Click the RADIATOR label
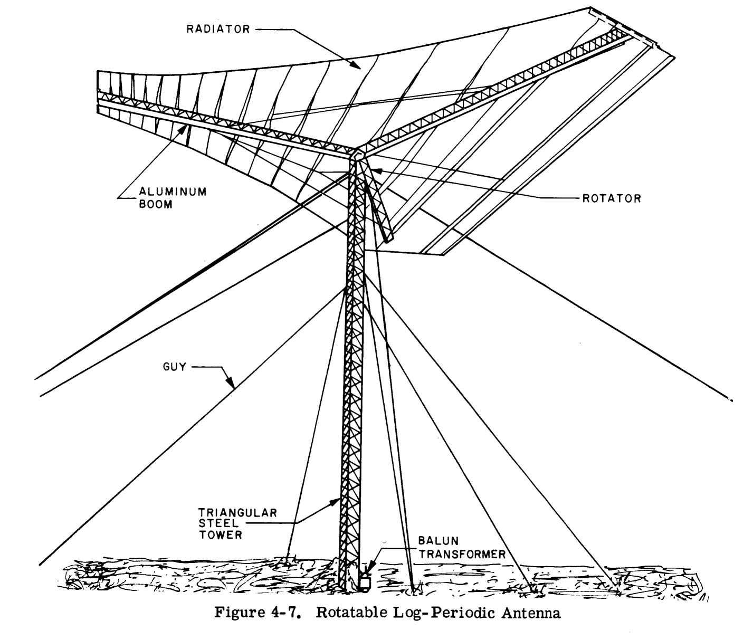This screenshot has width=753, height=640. [218, 29]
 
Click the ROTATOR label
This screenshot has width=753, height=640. [611, 198]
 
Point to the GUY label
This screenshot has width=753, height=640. [175, 366]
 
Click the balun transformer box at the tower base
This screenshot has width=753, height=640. [364, 581]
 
